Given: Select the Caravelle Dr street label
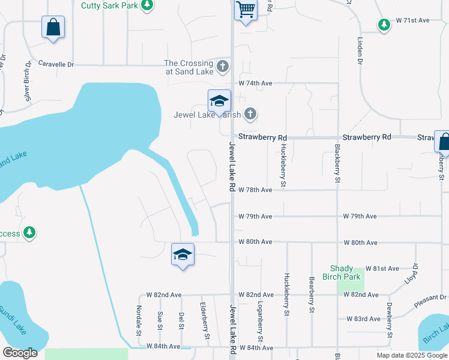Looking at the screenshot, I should coord(55,64).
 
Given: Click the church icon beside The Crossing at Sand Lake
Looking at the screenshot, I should coord(223,66).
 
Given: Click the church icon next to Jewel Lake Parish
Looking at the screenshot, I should coord(250,113).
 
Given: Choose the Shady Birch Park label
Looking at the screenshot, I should coord(346,272).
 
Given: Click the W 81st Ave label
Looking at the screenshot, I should coord(382,268).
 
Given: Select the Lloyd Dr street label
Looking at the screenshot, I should coord(412,273).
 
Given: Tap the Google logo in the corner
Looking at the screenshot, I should coord(20,353).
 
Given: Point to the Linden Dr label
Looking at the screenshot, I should coord(360,51).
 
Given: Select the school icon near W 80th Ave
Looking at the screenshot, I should coord(182,254).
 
